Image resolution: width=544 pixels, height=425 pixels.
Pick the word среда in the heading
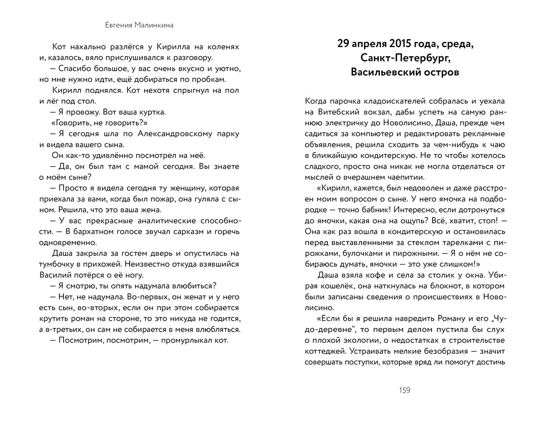click(454, 44)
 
